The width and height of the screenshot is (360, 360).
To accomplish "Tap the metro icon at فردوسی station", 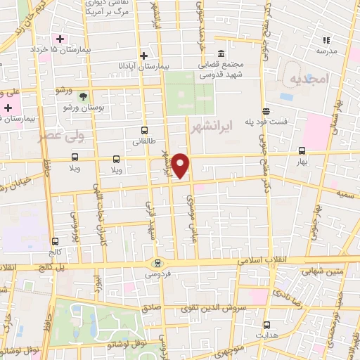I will click(157, 264).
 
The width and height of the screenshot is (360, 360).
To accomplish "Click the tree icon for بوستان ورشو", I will click(84, 96).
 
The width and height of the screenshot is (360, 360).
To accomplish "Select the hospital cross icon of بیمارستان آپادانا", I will click(143, 55).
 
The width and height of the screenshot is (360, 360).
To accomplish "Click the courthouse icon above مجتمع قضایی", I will click(221, 54).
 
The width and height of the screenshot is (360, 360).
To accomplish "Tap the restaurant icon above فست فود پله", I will click(266, 111).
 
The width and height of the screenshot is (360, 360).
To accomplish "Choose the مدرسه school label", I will click(326, 51).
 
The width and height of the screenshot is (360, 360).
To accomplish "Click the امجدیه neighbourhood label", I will click(308, 81).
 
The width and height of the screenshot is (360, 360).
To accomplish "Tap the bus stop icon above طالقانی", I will click(145, 130).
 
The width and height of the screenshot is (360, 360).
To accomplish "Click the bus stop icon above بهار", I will click(302, 150).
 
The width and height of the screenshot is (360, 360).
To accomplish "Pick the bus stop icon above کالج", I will click(55, 240).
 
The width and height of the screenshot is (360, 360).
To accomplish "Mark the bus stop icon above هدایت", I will click(266, 324).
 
